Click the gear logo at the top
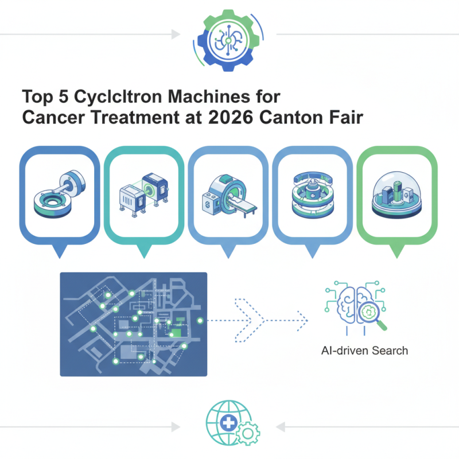pos(229,38)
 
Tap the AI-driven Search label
pos(364,350)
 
